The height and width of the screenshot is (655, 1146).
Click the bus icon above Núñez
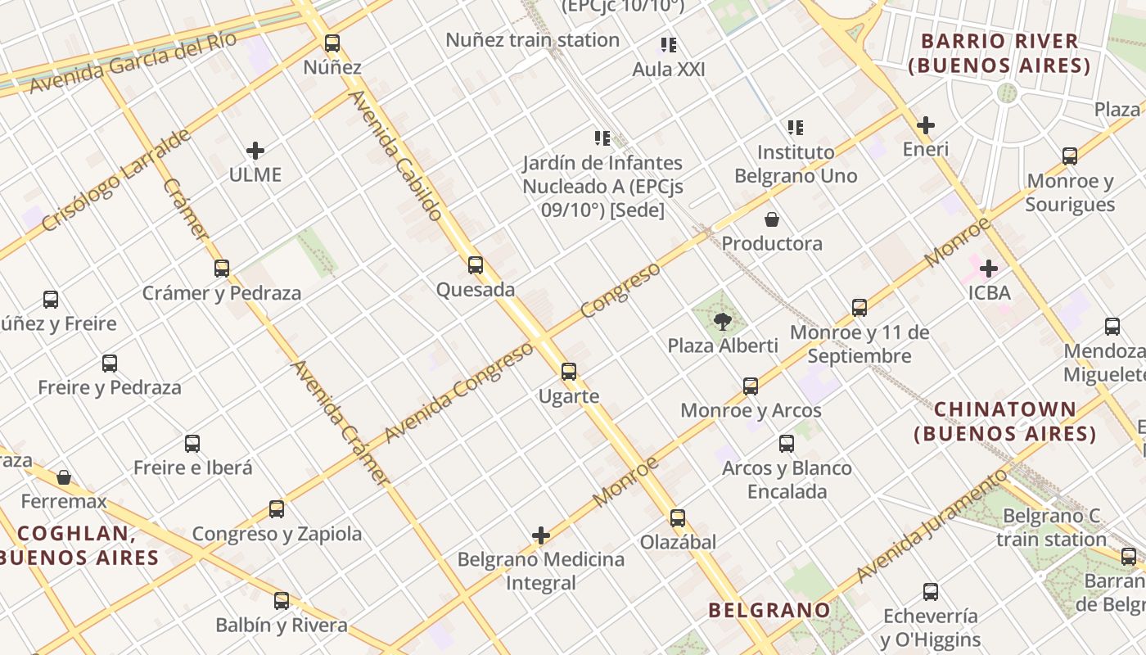[x=332, y=43]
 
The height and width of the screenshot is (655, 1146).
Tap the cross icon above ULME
[x=255, y=151]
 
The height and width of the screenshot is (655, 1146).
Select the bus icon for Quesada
[x=476, y=265]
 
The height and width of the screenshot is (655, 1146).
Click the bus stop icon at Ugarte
[x=569, y=372]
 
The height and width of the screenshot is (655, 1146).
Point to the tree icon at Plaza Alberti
[x=722, y=321]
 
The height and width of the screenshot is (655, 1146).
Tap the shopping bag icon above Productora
[x=771, y=219]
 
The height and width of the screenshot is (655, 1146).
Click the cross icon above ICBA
[x=989, y=268]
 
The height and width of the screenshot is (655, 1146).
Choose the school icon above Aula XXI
[x=669, y=45]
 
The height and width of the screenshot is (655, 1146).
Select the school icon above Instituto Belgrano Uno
[x=796, y=128]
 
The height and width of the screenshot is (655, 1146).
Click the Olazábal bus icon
[x=678, y=518]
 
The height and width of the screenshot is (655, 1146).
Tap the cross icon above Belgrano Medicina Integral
[x=541, y=535]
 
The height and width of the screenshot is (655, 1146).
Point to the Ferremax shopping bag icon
[x=64, y=477]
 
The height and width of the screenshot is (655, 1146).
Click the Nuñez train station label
[x=532, y=39]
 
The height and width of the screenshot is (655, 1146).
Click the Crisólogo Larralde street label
[x=116, y=179]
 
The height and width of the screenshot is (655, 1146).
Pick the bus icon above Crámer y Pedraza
[x=222, y=268]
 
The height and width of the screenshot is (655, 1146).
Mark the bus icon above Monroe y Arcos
[x=751, y=386]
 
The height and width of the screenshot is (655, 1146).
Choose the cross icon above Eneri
[x=926, y=125]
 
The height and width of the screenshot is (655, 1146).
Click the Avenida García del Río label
[x=133, y=61]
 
